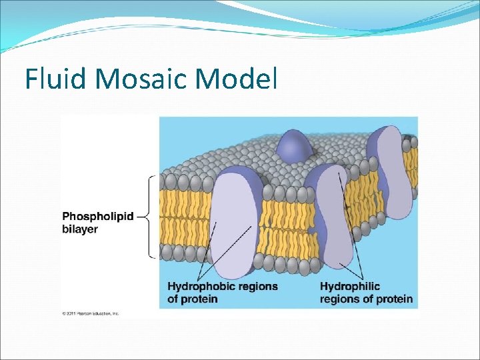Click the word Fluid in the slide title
coord(57,79)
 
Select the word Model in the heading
coord(236,79)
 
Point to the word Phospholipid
coord(98,217)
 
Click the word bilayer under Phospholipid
coord(80,229)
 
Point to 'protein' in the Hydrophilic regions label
coord(395,299)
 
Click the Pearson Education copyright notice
coord(91,313)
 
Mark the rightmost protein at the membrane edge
coord(390,177)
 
